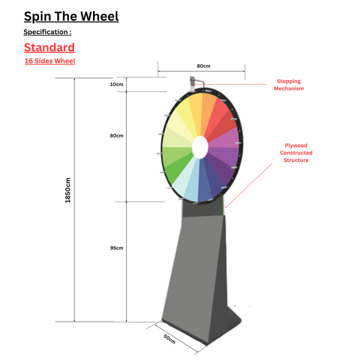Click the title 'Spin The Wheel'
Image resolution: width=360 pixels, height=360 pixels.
pyautogui.click(x=71, y=17)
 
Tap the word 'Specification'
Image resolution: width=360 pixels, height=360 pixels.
pyautogui.click(x=46, y=32)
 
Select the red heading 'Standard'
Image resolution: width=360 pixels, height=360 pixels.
pyautogui.click(x=49, y=47)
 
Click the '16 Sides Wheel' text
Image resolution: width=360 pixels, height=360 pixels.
pyautogui.click(x=50, y=61)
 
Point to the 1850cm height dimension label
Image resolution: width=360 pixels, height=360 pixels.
pyautogui.click(x=68, y=190)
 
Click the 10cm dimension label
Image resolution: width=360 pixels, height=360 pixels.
pyautogui.click(x=116, y=85)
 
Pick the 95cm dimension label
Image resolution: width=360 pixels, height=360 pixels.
pyautogui.click(x=116, y=248)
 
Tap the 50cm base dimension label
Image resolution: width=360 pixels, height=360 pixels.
pyautogui.click(x=170, y=339)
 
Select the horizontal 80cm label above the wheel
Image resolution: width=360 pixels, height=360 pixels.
pyautogui.click(x=203, y=66)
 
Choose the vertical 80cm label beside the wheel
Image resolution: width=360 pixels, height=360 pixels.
pyautogui.click(x=116, y=136)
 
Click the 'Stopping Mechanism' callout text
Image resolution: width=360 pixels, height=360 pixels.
pyautogui.click(x=289, y=85)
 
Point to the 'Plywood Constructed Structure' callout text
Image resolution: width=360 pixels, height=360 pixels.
pyautogui.click(x=296, y=152)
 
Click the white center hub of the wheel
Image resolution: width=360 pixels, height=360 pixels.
pyautogui.click(x=200, y=148)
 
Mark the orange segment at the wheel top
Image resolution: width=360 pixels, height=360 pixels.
pyautogui.click(x=208, y=115)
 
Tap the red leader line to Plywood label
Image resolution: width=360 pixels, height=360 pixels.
pyautogui.click(x=249, y=185)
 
